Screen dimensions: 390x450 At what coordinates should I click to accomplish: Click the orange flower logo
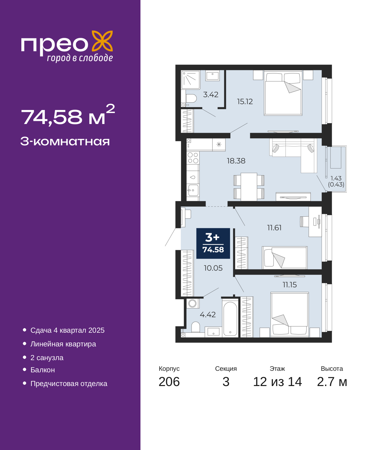point(102,41)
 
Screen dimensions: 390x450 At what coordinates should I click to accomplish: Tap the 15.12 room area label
point(245,102)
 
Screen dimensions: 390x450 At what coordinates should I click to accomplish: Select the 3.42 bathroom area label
point(211,94)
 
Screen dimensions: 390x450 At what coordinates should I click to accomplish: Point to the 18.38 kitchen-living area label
point(236,161)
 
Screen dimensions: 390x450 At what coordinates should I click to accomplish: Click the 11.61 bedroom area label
point(274,228)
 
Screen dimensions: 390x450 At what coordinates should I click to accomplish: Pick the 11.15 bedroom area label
point(290,285)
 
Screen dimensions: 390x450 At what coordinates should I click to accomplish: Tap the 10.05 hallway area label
point(213,268)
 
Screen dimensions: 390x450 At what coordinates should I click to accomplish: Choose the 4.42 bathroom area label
point(208,315)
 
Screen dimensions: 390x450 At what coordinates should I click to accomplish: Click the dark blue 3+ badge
point(213,243)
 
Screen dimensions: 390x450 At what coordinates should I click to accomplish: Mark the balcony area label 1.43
point(336,178)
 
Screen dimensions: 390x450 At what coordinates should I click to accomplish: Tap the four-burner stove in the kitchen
point(193,158)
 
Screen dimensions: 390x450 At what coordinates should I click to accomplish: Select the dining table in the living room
point(249,187)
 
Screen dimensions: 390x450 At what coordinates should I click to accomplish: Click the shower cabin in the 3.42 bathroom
point(190,80)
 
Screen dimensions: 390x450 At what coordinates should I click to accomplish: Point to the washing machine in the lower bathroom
point(193,303)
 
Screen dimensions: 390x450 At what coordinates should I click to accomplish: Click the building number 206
point(169,382)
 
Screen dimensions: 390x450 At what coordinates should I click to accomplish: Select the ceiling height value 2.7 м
point(332,382)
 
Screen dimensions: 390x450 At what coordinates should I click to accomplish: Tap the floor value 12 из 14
point(278,382)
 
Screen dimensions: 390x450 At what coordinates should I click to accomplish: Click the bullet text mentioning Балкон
point(43,370)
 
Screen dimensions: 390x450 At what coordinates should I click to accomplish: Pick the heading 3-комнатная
point(65,142)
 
